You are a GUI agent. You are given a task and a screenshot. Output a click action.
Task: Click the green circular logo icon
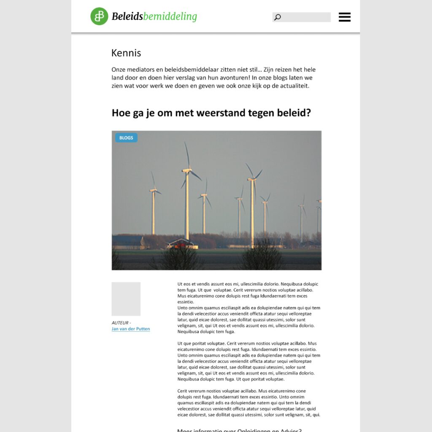tap(99, 16)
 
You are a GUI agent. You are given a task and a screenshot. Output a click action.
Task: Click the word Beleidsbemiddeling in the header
tap(154, 16)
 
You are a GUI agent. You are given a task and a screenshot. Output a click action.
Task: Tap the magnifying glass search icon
tap(277, 17)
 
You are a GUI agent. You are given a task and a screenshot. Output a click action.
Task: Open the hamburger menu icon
tap(345, 17)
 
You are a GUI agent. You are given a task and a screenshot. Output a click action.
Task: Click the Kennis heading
tap(126, 53)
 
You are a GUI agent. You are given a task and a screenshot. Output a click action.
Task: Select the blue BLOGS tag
tap(126, 138)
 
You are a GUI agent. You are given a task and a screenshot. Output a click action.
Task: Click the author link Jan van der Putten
tap(131, 329)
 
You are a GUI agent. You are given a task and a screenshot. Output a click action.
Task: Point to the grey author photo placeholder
tap(126, 299)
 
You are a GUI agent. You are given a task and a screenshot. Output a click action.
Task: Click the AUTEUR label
tap(121, 323)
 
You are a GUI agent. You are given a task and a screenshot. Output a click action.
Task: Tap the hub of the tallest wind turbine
tap(187, 170)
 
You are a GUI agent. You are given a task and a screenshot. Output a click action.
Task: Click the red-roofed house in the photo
tap(181, 243)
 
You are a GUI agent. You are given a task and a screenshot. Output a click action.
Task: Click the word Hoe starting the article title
tap(121, 113)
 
